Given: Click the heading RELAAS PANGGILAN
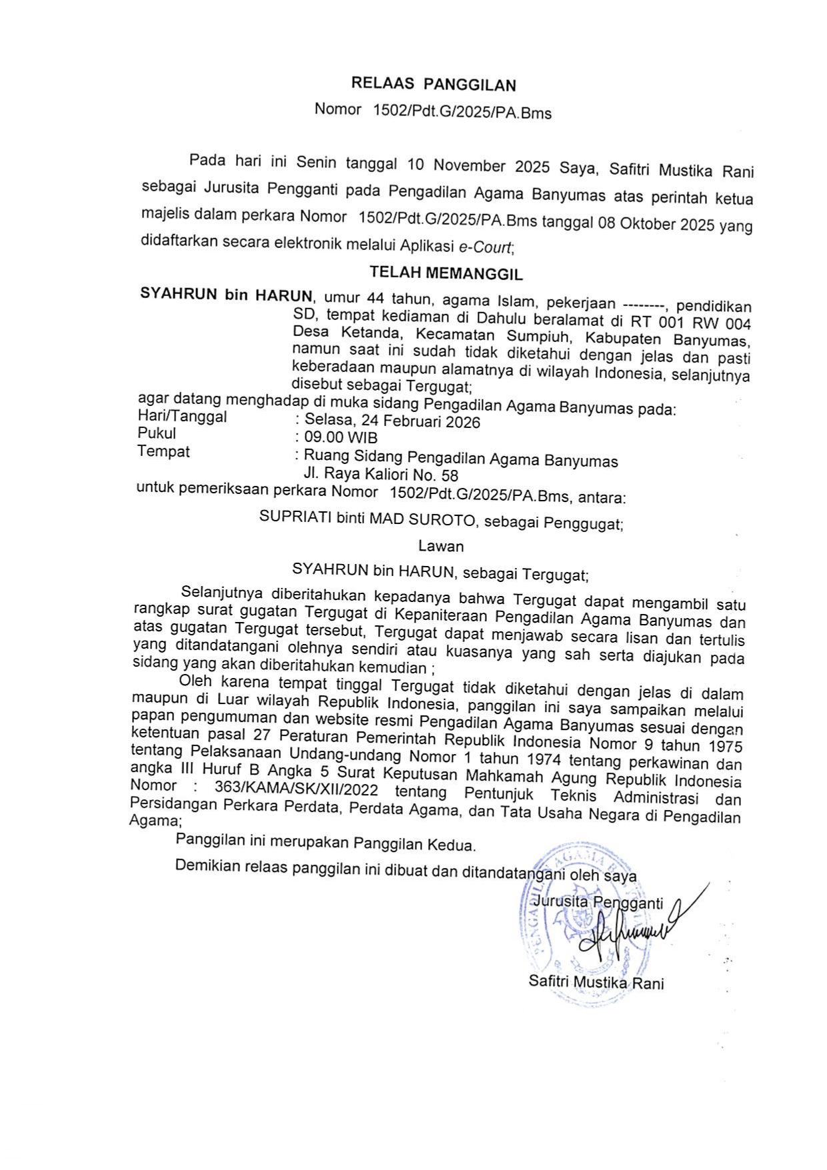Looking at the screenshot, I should point(434,85).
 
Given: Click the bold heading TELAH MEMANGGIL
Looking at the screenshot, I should point(446,273).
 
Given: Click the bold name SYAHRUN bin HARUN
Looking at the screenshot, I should point(225,295).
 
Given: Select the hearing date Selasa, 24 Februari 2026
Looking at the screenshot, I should point(392,421).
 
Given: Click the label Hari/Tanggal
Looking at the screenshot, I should point(182,417).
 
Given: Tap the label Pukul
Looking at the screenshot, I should point(157,433).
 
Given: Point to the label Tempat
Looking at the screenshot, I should point(163,451).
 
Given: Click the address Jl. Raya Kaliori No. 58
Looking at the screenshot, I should point(381,475).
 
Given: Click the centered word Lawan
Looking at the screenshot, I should point(441,546).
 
